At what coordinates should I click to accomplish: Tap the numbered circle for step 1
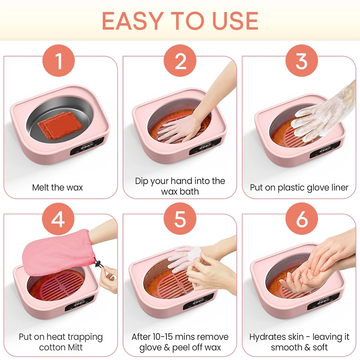pos(58,61)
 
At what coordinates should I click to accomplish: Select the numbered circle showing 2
pos(180,61)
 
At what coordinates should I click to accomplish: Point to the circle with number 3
pos(302,61)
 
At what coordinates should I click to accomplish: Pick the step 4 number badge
pos(58,219)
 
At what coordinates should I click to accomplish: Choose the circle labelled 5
pos(180,219)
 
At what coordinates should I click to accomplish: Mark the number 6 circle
pos(302,219)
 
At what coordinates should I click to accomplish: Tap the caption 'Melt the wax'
pos(57,188)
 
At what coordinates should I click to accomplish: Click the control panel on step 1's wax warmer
pos(88,146)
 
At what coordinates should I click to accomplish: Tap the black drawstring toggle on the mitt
pos(99,264)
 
